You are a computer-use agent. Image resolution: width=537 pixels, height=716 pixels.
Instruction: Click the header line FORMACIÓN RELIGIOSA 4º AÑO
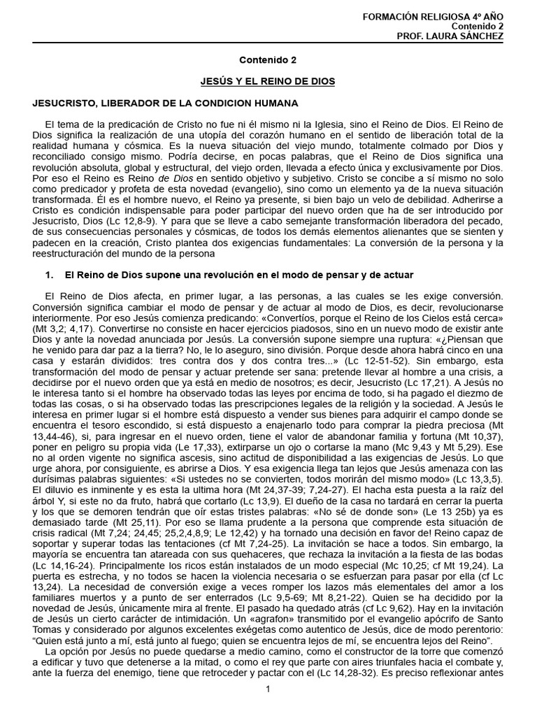point(444,15)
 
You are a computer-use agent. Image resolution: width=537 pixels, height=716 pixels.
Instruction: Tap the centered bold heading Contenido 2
point(268,61)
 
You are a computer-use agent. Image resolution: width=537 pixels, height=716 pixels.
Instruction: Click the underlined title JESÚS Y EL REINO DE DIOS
point(268,82)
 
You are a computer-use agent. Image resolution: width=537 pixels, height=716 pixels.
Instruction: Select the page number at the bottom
point(268,689)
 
